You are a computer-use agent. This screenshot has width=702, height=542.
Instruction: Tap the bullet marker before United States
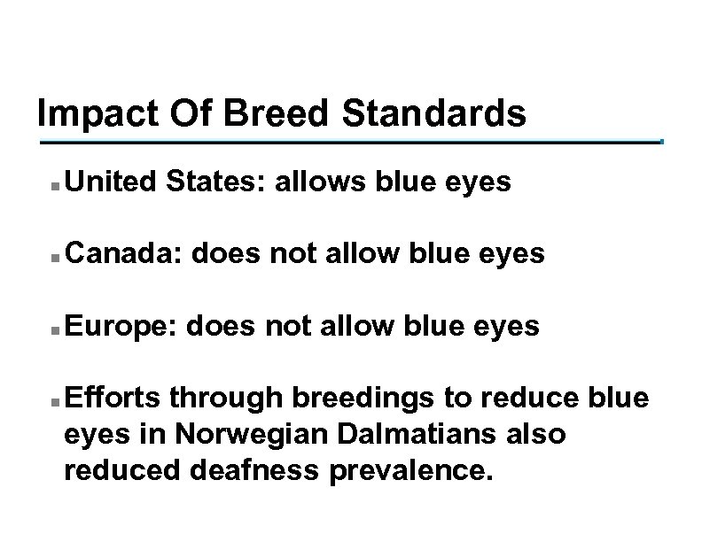(55, 187)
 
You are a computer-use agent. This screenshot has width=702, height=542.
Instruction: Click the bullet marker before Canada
(55, 259)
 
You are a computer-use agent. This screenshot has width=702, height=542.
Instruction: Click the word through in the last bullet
(218, 399)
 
